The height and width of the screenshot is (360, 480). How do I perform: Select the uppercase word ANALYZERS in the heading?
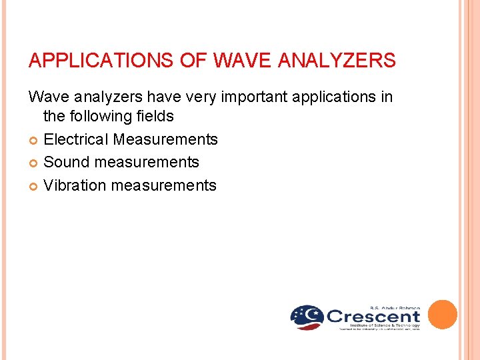click(337, 61)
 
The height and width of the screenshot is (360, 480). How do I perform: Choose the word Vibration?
click(75, 185)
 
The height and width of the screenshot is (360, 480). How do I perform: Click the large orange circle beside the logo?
click(442, 315)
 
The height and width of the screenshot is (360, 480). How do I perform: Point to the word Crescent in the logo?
click(373, 317)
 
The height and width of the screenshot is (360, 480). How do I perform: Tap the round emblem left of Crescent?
click(307, 317)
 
